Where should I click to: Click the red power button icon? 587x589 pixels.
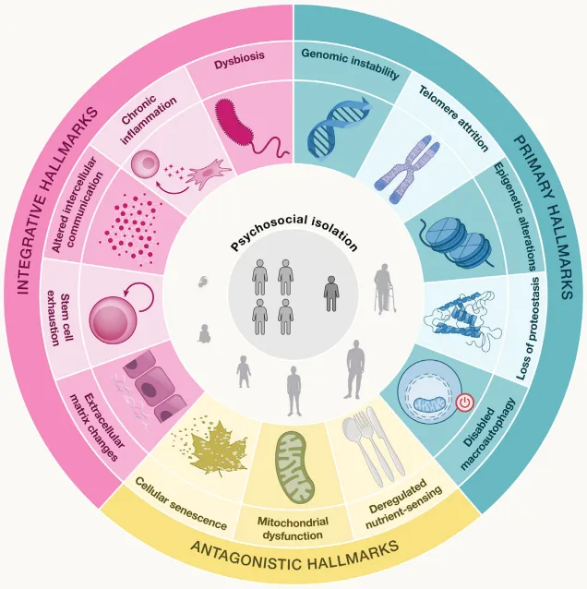pyautogui.click(x=465, y=403)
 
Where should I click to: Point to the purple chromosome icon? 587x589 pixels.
pyautogui.click(x=407, y=169)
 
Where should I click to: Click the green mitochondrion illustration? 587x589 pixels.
pyautogui.click(x=295, y=467)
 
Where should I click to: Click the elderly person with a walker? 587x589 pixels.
pyautogui.click(x=384, y=288)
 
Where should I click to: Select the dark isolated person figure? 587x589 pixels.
pyautogui.click(x=331, y=294)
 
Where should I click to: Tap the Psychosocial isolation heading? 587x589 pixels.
pyautogui.click(x=293, y=232)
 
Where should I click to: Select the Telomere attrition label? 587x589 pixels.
pyautogui.click(x=453, y=117)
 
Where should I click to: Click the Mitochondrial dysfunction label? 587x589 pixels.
pyautogui.click(x=293, y=528)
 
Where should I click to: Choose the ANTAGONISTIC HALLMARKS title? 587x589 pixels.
pyautogui.click(x=294, y=555)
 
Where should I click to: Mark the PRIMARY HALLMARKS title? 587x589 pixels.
pyautogui.click(x=544, y=217)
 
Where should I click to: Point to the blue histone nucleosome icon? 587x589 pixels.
pyautogui.click(x=457, y=240)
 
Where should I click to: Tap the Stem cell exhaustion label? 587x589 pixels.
pyautogui.click(x=59, y=319)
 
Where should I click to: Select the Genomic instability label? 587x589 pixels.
pyautogui.click(x=351, y=63)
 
